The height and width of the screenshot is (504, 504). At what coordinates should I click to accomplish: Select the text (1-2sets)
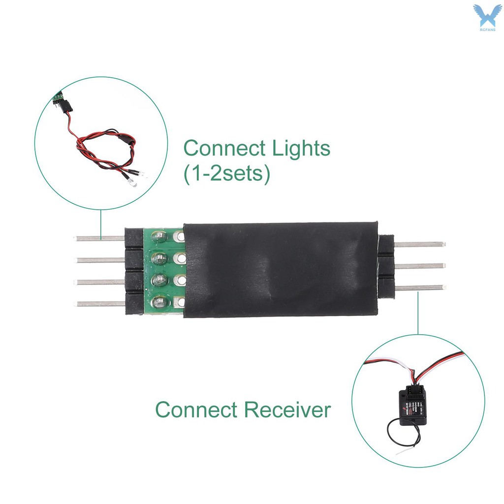tap(227, 175)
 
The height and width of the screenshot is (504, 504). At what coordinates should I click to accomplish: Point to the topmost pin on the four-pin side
tap(99, 238)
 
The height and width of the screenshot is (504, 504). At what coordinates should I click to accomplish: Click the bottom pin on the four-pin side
tap(99, 304)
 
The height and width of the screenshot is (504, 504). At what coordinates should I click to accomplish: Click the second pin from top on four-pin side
tap(99, 259)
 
